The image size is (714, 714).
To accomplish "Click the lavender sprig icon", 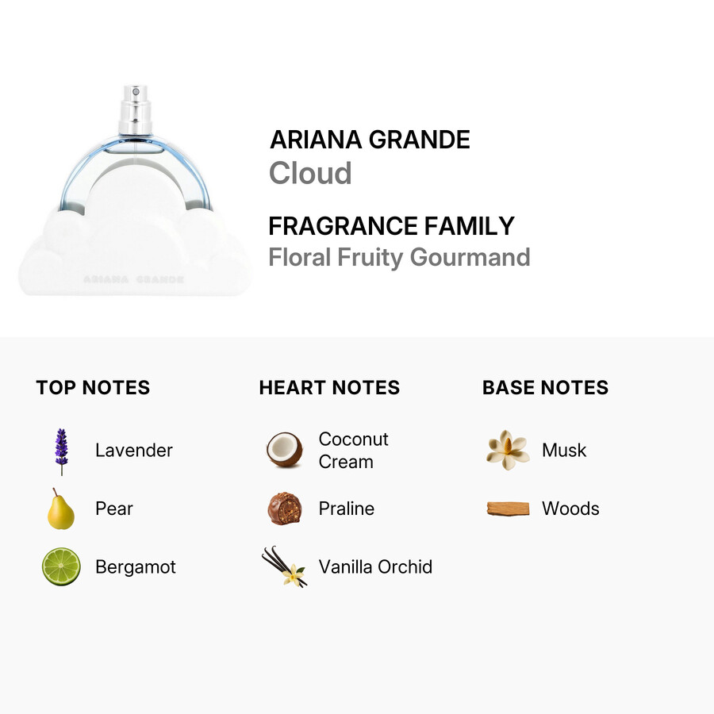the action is [61, 451].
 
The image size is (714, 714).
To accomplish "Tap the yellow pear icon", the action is [60, 509].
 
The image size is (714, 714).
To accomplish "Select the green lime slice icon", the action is [61, 566].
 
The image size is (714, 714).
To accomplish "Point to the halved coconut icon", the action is [284, 450].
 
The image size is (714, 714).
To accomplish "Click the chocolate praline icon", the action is [285, 509].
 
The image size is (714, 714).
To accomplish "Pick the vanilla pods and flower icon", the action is [285, 566].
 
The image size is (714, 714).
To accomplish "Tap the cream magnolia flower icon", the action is [508, 450].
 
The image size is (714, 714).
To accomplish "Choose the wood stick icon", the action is [508, 509].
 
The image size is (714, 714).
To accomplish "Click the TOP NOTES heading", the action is [93, 387].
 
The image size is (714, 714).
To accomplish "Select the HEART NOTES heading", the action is [329, 387].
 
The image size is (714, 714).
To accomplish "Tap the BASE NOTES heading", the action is [545, 387].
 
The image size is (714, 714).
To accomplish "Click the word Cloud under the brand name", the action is [310, 173].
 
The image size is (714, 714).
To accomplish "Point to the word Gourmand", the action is [470, 257].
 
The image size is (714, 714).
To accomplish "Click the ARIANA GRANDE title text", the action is [370, 140].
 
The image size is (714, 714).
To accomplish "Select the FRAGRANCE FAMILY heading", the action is [391, 226].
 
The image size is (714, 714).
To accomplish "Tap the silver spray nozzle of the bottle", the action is [135, 109].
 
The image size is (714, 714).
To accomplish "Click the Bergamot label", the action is [135, 567].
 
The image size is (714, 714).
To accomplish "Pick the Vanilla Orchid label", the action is [375, 567].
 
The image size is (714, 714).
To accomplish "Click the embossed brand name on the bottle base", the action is [134, 279].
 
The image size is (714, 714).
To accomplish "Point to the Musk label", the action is [564, 450].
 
